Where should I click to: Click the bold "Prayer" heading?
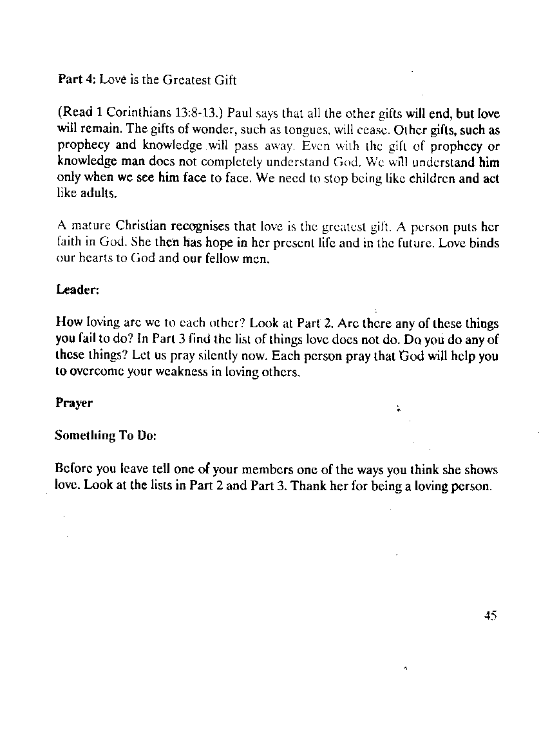(74, 403)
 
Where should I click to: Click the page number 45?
(491, 615)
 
